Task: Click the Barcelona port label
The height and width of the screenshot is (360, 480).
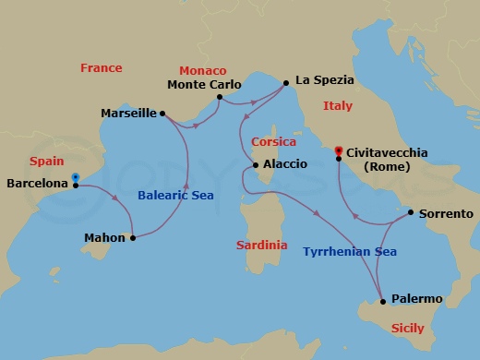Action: tap(37, 185)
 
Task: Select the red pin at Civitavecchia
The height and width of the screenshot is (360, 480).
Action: tap(339, 150)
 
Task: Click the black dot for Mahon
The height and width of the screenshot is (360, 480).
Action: tap(133, 238)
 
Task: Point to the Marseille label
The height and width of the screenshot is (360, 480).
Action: tap(128, 114)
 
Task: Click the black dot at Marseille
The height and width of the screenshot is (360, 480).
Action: tap(162, 114)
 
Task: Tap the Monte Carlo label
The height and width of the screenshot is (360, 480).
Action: tap(205, 84)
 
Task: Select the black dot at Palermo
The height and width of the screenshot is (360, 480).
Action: tap(381, 301)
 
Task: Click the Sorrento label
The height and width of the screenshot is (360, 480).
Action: tap(445, 213)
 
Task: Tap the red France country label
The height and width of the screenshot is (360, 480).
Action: tap(102, 68)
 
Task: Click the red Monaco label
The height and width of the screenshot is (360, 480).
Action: tap(203, 71)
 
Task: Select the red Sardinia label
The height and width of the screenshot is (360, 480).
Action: tap(261, 246)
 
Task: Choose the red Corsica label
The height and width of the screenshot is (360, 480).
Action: tap(273, 142)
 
